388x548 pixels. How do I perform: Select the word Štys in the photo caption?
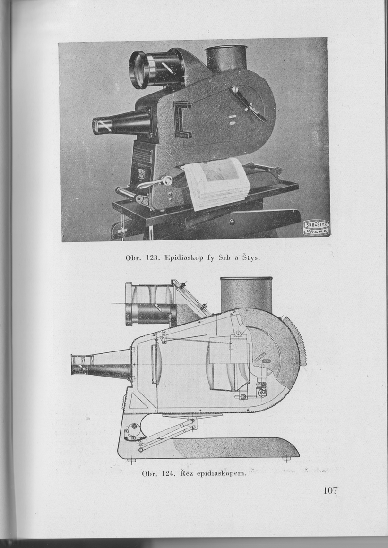click(251, 258)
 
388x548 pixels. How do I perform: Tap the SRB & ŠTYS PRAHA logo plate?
click(316, 227)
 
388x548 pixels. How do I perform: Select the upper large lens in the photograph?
click(140, 70)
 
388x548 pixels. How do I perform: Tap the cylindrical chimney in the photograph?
click(226, 58)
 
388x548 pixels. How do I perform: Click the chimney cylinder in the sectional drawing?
click(246, 294)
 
